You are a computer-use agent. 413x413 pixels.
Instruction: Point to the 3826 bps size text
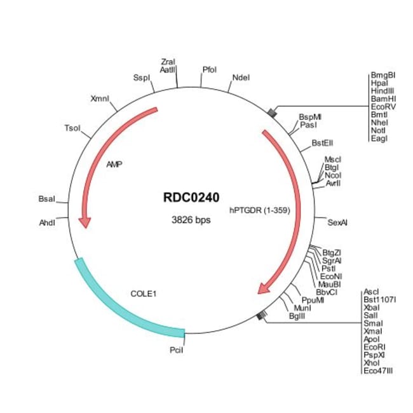[191, 220]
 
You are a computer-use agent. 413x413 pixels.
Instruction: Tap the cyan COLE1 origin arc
[121, 305]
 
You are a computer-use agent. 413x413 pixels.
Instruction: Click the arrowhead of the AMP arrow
[84, 222]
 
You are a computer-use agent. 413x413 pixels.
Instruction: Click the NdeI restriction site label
[241, 78]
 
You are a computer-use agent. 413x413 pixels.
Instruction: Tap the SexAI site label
[337, 223]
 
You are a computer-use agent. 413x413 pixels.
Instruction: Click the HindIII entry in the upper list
[382, 91]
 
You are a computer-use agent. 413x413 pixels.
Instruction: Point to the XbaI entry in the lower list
[372, 306]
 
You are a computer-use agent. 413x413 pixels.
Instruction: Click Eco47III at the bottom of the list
[377, 370]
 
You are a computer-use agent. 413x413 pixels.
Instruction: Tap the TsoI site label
[72, 128]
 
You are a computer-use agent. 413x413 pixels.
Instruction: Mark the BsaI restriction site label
[47, 200]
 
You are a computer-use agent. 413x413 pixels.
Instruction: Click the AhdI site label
[48, 223]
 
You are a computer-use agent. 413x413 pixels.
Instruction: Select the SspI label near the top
[140, 78]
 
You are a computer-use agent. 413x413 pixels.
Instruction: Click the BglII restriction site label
[297, 316]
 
